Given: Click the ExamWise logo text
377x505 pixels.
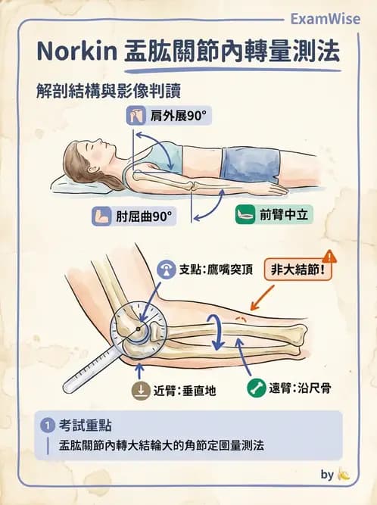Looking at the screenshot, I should pyautogui.click(x=326, y=19).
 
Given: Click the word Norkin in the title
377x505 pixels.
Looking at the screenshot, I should pyautogui.click(x=76, y=52).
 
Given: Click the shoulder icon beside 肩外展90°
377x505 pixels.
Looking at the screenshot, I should pyautogui.click(x=137, y=116).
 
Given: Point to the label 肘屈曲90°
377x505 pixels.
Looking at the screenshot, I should pyautogui.click(x=144, y=217).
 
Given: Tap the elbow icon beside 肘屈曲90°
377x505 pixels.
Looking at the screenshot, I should pyautogui.click(x=102, y=217).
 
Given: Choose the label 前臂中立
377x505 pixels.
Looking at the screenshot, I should pyautogui.click(x=284, y=214).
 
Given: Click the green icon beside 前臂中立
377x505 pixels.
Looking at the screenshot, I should pyautogui.click(x=245, y=214).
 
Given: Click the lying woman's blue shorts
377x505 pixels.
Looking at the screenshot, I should pyautogui.click(x=250, y=163).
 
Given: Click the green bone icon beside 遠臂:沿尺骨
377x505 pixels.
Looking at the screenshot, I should pyautogui.click(x=257, y=390).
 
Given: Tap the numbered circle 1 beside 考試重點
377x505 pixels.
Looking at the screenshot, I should pyautogui.click(x=49, y=424).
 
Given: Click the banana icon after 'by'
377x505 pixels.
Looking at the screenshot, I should pyautogui.click(x=344, y=475).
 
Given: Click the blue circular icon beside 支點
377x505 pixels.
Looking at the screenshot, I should pyautogui.click(x=167, y=270).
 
